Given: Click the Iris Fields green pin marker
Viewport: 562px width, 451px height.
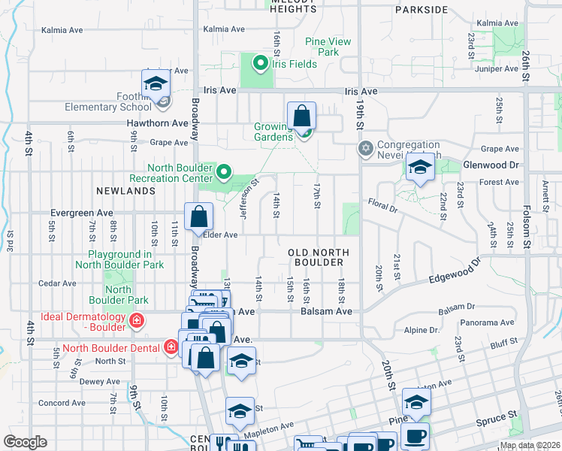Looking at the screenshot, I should [261, 63].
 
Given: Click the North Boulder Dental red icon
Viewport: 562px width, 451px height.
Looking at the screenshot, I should [172, 347].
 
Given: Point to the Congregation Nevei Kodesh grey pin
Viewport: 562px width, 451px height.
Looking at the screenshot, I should [366, 147].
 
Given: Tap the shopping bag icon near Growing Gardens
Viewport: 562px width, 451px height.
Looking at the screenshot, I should [301, 117].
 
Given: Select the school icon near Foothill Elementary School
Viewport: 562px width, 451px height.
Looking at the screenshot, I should [156, 84].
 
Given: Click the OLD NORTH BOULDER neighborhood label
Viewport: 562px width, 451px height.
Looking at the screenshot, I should [316, 257].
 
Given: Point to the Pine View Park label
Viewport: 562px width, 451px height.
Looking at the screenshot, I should [328, 47].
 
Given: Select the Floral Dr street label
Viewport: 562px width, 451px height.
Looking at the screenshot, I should [382, 203].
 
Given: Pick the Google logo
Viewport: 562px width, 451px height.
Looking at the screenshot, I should [25, 442].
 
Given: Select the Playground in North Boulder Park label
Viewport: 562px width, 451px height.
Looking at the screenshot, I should [120, 260].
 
